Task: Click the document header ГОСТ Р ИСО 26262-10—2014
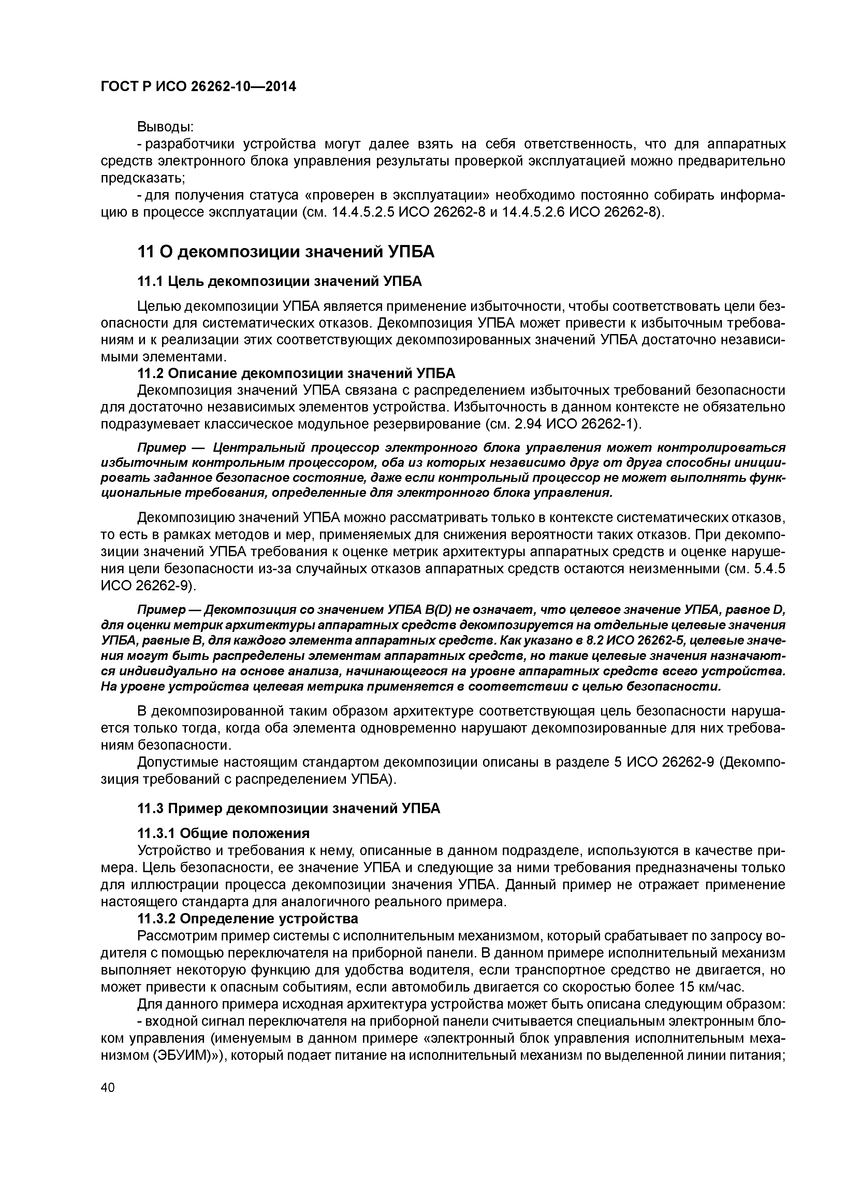tap(198, 87)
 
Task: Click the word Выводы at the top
tap(165, 127)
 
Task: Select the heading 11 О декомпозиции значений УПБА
tap(285, 252)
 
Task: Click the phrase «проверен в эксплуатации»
tap(397, 195)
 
